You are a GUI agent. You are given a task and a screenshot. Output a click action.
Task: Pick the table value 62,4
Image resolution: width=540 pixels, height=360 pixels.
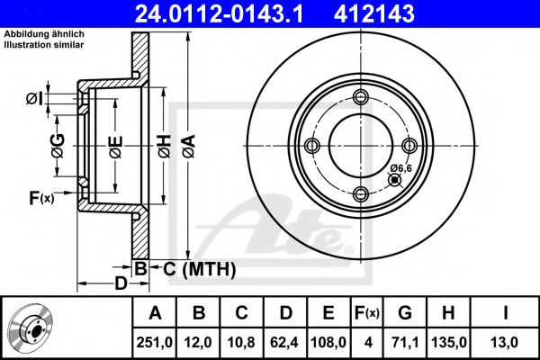coord(286,342)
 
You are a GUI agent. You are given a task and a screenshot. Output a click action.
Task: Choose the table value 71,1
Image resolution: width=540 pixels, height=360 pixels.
coord(404,342)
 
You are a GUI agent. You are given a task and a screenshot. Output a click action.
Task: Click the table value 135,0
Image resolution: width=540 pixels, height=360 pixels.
coord(450,342)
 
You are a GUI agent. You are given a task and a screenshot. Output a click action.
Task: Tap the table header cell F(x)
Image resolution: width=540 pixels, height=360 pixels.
coord(366,313)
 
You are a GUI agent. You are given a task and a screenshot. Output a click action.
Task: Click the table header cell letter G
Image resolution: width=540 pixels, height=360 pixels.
coord(404,313)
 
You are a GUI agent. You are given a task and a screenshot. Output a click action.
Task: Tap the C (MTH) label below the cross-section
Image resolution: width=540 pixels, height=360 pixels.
coord(199,268)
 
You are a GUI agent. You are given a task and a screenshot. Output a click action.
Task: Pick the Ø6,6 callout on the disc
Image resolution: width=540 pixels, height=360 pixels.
coord(400,168)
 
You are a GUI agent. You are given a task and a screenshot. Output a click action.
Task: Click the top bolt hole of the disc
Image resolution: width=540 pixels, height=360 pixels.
coord(361,98)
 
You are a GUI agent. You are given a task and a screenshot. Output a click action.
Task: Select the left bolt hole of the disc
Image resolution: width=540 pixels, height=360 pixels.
coord(312,146)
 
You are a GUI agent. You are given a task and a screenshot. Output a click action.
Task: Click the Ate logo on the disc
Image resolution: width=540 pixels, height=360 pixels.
coord(288,229)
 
